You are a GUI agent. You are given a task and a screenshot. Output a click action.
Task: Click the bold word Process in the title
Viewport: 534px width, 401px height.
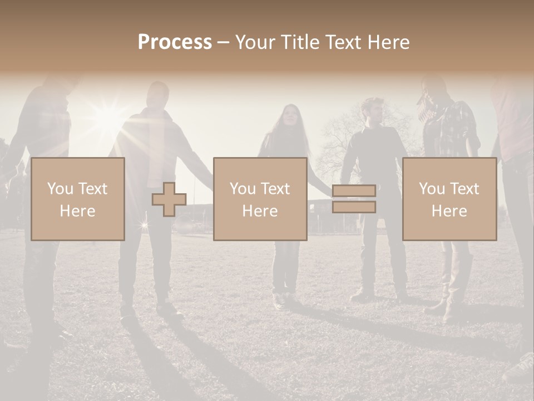(x=175, y=42)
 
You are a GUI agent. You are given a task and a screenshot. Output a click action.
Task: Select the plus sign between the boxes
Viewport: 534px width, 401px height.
(x=169, y=199)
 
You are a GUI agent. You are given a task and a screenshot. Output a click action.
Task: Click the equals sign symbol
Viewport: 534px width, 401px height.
(x=354, y=199)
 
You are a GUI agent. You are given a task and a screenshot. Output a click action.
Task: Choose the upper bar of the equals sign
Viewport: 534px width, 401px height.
(x=354, y=191)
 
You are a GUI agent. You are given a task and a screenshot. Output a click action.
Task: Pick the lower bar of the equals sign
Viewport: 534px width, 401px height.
(x=354, y=207)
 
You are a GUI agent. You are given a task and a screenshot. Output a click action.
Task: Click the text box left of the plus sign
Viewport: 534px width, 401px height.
(x=78, y=199)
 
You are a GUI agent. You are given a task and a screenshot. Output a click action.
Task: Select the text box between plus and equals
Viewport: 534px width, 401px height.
(x=260, y=199)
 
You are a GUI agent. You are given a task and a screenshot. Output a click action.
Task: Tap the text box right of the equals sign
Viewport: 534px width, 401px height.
(x=449, y=199)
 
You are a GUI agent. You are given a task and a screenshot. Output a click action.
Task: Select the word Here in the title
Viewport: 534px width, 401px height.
(x=390, y=42)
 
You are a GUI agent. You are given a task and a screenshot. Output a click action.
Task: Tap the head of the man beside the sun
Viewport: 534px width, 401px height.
(x=157, y=95)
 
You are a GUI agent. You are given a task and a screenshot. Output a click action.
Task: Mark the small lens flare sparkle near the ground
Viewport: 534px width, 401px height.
(x=144, y=225)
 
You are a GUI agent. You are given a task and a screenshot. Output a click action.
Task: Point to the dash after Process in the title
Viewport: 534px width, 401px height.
(x=224, y=43)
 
